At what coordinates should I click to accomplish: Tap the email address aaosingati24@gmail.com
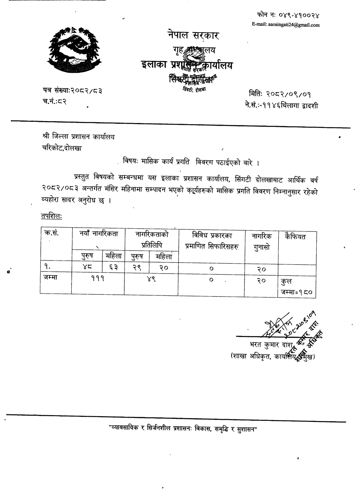285,25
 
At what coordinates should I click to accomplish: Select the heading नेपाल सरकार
193,36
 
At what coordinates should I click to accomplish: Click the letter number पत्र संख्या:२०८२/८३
73,91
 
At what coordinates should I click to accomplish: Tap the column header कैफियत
295,237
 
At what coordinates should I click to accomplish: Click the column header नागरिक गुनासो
261,241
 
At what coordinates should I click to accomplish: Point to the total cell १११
98,280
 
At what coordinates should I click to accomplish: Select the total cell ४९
151,280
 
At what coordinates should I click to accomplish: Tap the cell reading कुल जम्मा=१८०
297,287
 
